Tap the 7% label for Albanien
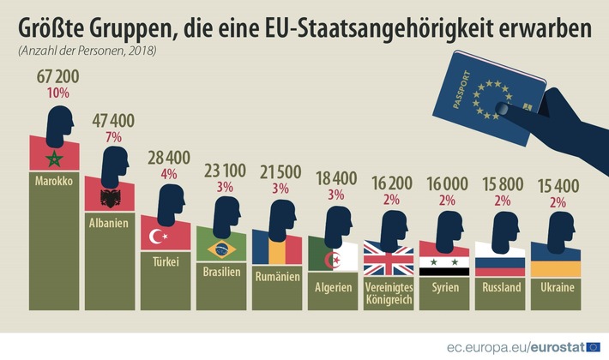[113, 136]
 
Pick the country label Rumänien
[276, 277]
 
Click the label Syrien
[445, 288]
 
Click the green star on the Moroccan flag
[56, 159]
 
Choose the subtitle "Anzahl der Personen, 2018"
[87, 52]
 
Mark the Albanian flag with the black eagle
[111, 200]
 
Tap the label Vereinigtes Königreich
[389, 294]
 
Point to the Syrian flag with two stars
[445, 261]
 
